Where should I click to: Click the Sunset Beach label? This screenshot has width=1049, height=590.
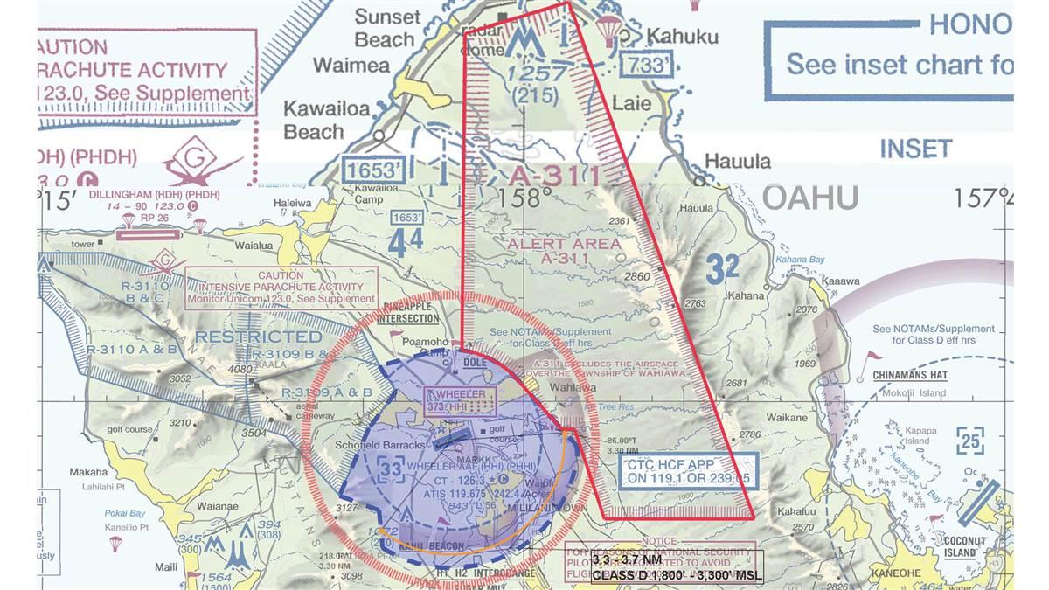tap(387, 28)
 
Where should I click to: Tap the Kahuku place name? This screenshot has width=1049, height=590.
tap(682, 37)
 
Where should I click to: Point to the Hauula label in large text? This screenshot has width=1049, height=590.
tap(738, 162)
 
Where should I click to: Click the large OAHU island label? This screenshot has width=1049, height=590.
tap(810, 198)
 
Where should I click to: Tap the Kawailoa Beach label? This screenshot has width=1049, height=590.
tap(314, 121)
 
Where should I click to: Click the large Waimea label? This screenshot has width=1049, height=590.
tap(351, 66)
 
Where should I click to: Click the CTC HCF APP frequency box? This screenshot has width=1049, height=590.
tap(687, 471)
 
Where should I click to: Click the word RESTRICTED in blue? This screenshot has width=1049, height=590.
tap(259, 337)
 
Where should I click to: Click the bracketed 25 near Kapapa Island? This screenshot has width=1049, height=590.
tap(969, 440)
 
